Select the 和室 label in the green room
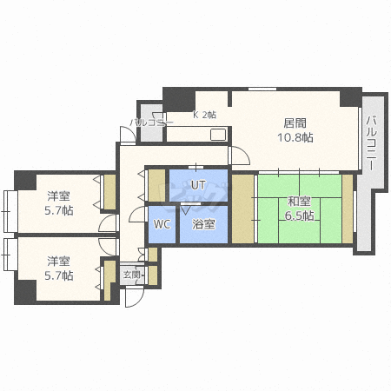point(300,202)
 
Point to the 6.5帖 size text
point(300,216)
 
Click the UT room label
point(198,185)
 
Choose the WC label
point(162,223)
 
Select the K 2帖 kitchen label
point(204,115)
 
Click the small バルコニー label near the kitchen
point(152,123)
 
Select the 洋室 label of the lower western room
point(59,261)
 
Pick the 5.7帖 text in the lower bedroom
point(59,275)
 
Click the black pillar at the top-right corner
point(349,95)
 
